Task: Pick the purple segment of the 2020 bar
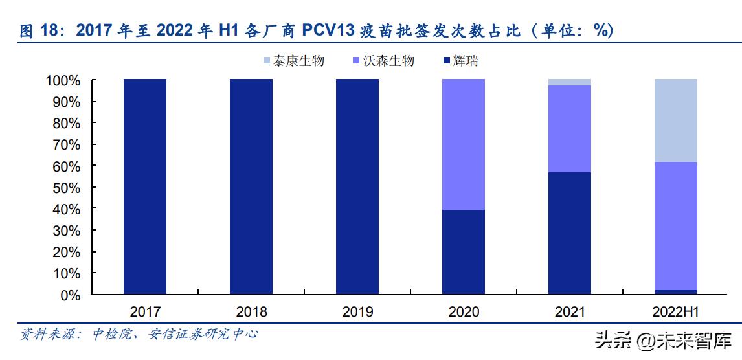pyautogui.click(x=464, y=144)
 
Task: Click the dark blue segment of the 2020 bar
pyautogui.click(x=464, y=252)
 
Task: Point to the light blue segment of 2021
pyautogui.click(x=570, y=82)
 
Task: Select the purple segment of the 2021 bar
pyautogui.click(x=570, y=129)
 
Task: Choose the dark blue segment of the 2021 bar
pyautogui.click(x=570, y=233)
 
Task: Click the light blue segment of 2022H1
pyautogui.click(x=676, y=120)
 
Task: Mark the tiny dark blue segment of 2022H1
pyautogui.click(x=676, y=292)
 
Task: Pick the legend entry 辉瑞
pyautogui.click(x=460, y=62)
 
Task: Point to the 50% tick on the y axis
pyautogui.click(x=63, y=188)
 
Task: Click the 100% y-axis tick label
pyautogui.click(x=62, y=81)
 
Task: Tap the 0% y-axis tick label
pyautogui.click(x=69, y=295)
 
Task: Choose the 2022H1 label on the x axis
pyautogui.click(x=676, y=312)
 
